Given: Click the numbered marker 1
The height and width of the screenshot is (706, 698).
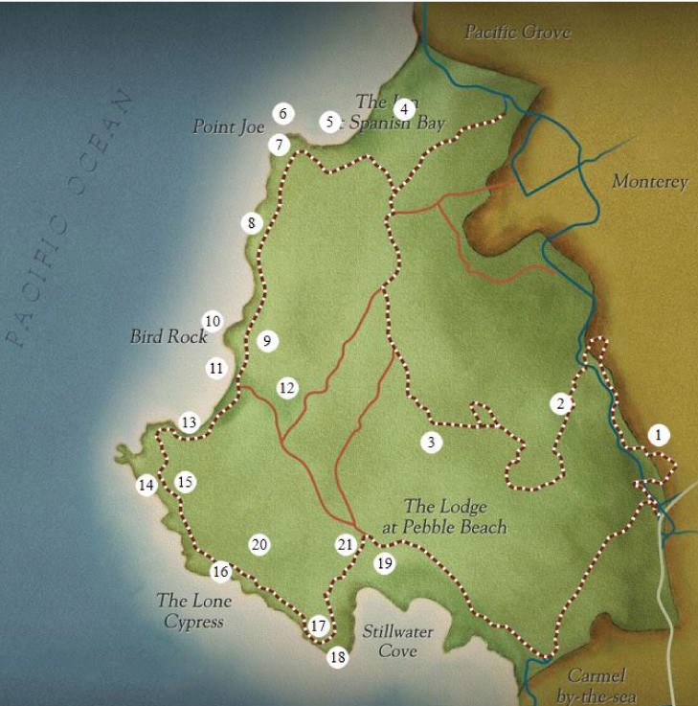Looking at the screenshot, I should (658, 434).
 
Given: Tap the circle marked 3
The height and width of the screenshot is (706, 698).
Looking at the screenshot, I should (432, 442).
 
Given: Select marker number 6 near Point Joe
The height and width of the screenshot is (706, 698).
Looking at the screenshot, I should (281, 113).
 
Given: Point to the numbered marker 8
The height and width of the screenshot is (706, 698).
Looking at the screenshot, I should (251, 223).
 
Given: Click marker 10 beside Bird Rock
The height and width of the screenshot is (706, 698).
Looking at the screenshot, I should (212, 321).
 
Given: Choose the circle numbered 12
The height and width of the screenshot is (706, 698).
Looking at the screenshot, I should (287, 387).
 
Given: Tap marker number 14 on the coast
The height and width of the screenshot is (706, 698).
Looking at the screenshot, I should (146, 485).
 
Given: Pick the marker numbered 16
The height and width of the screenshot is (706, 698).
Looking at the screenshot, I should (221, 572).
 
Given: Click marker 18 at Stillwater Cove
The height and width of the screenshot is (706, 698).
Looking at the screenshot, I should (337, 657).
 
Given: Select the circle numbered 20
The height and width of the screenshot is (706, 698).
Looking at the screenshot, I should (259, 544).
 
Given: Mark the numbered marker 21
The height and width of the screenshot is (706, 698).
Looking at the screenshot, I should (346, 544).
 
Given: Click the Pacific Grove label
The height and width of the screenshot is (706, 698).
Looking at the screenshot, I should (517, 33).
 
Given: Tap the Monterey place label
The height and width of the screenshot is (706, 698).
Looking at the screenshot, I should (649, 182).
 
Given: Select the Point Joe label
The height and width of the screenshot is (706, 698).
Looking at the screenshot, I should (228, 125).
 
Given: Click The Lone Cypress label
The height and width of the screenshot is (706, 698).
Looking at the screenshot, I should (190, 611).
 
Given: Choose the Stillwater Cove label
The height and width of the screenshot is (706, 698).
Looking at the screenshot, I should (397, 641).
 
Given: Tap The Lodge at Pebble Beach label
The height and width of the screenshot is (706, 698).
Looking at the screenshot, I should (455, 516).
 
